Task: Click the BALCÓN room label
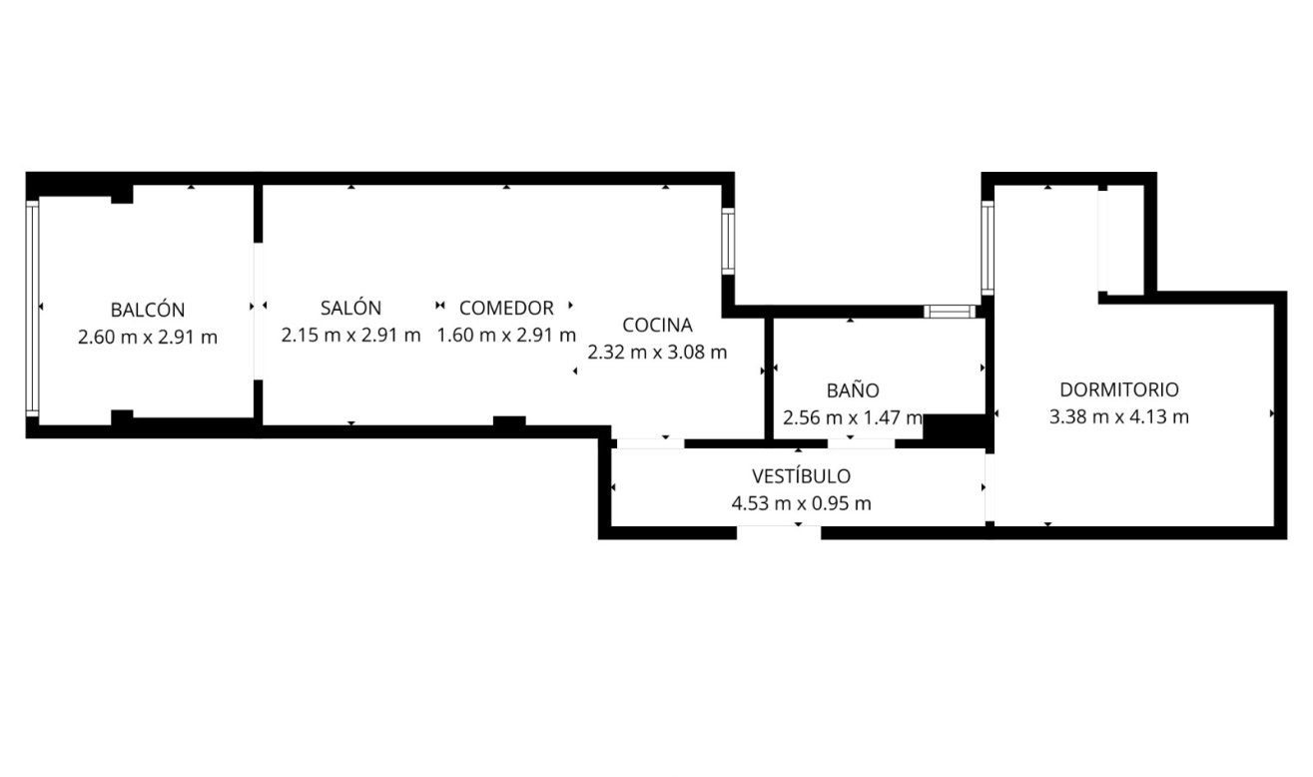(148, 310)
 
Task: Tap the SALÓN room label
(350, 308)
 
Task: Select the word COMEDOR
(506, 308)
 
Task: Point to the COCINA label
(657, 325)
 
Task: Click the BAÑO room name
(853, 390)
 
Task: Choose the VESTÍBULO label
(801, 476)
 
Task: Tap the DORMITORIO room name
(1119, 389)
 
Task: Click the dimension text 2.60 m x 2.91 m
(148, 338)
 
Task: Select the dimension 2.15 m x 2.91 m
(350, 336)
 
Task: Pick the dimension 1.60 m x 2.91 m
(506, 336)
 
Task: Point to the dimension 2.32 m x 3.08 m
(657, 353)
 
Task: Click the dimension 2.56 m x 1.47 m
(853, 418)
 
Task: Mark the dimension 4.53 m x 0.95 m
(801, 504)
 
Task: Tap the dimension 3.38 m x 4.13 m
(1119, 417)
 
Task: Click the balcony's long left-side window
(32, 308)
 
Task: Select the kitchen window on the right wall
(729, 241)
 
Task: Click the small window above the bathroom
(949, 311)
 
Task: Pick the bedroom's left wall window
(987, 248)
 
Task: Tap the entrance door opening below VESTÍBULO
(779, 532)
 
